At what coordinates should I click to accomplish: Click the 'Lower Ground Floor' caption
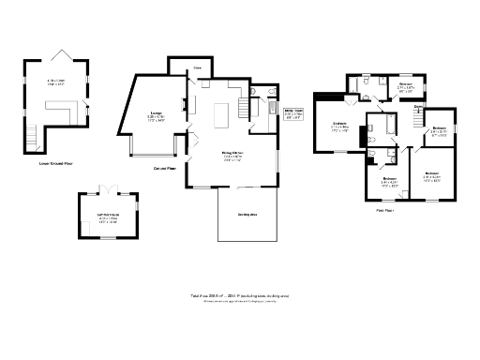coord(55,163)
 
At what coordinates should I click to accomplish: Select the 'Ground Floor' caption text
coord(166,170)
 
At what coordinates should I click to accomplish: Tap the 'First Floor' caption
coord(383,211)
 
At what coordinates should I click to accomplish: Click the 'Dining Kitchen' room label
coord(232,156)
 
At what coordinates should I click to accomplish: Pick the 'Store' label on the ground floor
coord(197,67)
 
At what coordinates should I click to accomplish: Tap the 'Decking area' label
coord(247,214)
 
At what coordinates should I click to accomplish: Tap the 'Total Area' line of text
coord(239,294)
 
